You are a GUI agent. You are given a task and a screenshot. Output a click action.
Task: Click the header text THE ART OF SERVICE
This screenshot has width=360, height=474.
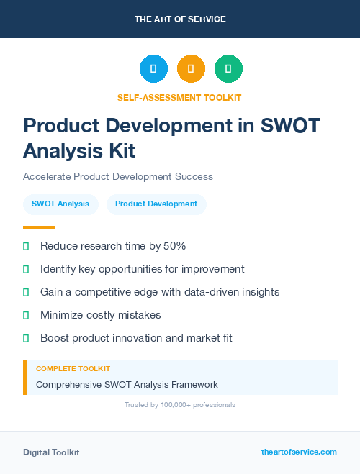(x=180, y=19)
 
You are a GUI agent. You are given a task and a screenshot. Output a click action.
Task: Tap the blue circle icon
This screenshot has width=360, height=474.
(x=153, y=69)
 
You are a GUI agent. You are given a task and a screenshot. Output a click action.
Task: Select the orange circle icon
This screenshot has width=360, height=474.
(x=191, y=69)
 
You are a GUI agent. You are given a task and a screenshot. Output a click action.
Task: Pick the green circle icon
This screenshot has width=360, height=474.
(x=228, y=69)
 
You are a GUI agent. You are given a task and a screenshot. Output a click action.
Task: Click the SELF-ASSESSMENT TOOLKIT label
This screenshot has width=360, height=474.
(x=179, y=97)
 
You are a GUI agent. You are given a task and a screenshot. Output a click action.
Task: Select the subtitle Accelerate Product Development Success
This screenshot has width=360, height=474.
(x=118, y=176)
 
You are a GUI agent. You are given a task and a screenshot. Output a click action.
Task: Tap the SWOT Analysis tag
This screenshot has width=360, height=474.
(x=60, y=204)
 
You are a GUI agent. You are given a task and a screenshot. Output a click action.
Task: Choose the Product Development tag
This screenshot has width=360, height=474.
(x=156, y=204)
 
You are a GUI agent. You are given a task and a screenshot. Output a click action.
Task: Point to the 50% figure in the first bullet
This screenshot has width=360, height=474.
(x=174, y=246)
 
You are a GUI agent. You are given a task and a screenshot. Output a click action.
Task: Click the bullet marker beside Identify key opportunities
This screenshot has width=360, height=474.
(x=26, y=269)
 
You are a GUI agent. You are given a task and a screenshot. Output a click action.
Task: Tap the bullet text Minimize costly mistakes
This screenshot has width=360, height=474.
(x=100, y=315)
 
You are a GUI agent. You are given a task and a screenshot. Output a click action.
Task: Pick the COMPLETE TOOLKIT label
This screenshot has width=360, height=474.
(x=73, y=369)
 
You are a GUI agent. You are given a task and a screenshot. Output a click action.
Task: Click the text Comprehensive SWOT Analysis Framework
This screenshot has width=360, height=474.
(x=127, y=385)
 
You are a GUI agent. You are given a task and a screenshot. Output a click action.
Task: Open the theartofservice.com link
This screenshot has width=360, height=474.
(x=299, y=452)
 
